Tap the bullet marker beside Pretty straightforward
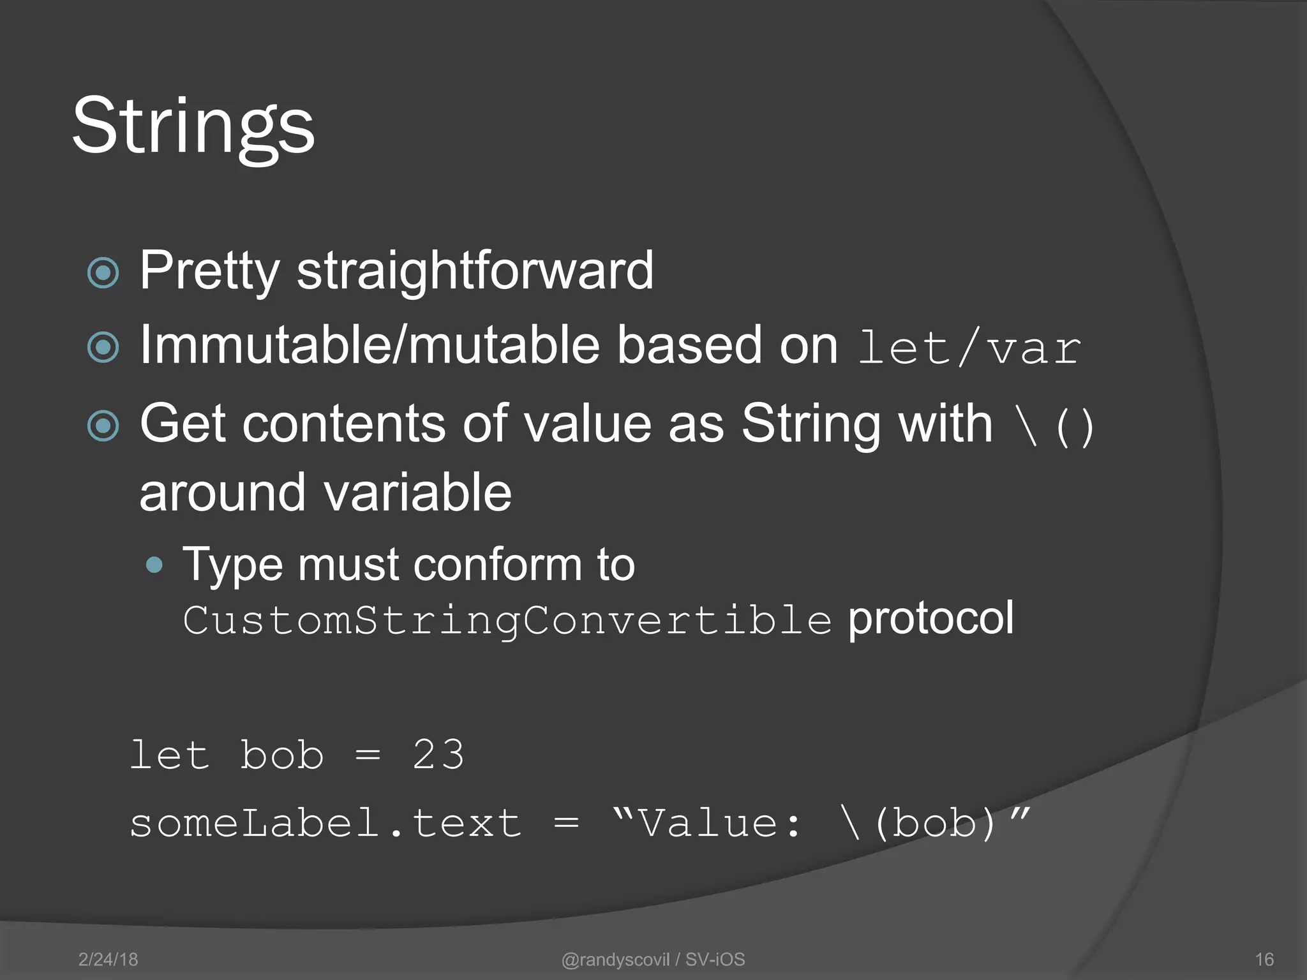pyautogui.click(x=103, y=273)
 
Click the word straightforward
pyautogui.click(x=475, y=271)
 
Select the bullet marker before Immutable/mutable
pyautogui.click(x=103, y=348)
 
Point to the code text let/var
pyautogui.click(x=969, y=348)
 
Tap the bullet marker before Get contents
pyautogui.click(x=103, y=426)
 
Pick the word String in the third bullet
pyautogui.click(x=867, y=424)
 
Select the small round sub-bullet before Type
pyautogui.click(x=154, y=565)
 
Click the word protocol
pyautogui.click(x=930, y=618)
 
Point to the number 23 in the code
pyautogui.click(x=438, y=755)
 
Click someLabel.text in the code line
pyautogui.click(x=325, y=822)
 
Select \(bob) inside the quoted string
pyautogui.click(x=919, y=823)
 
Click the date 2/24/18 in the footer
pyautogui.click(x=108, y=960)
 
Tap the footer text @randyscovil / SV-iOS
pyautogui.click(x=653, y=960)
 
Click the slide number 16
pyautogui.click(x=1264, y=960)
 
